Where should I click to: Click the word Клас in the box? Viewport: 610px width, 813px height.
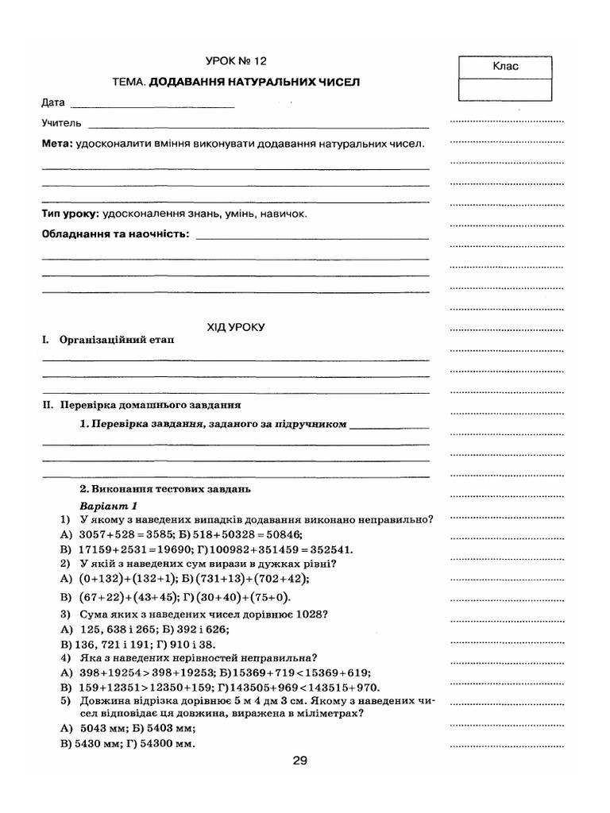click(505, 67)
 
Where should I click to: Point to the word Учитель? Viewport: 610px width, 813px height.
click(61, 124)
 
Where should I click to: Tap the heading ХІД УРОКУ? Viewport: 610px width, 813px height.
click(235, 326)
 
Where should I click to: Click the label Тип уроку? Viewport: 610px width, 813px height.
click(70, 214)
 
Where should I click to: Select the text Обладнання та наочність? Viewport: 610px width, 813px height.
click(116, 235)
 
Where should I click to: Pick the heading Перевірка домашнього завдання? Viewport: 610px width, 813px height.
click(150, 404)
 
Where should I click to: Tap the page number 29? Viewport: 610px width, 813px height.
click(299, 760)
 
